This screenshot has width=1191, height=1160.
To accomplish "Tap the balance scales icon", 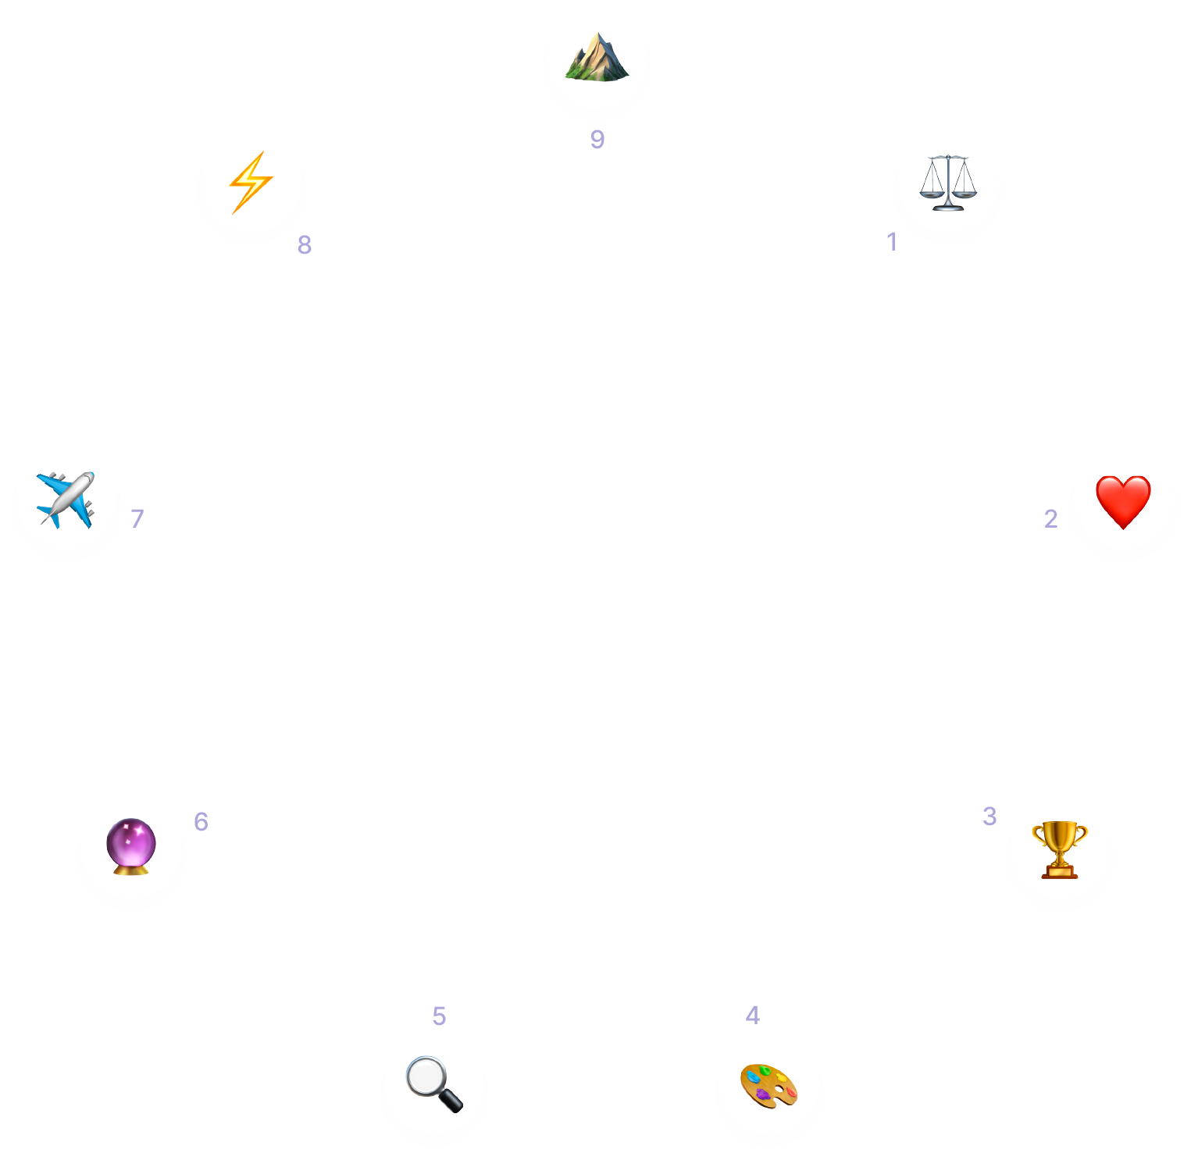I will tap(947, 183).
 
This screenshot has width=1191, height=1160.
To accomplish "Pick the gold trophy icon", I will tap(1059, 849).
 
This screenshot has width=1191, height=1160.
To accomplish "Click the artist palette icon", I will tap(768, 1085).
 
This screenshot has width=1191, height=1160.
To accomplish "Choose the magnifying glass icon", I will tap(434, 1083).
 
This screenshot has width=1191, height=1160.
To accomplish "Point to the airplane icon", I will tap(66, 500).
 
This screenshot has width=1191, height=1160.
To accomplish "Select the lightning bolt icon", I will tap(251, 182).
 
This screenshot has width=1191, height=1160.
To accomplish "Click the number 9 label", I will tap(597, 139).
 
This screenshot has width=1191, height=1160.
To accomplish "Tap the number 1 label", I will tap(891, 242).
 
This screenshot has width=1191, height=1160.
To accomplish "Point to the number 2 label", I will tap(1050, 518).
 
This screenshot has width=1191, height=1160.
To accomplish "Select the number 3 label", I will tap(990, 816).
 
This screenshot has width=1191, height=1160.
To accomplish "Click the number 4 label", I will tap(752, 1015).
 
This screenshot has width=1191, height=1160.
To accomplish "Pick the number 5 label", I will tap(439, 1016).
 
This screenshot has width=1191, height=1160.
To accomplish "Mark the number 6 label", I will tap(201, 821).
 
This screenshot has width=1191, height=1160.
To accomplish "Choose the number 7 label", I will tap(137, 518).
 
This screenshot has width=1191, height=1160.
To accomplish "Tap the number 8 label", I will tap(305, 244).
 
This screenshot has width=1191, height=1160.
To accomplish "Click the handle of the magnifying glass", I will tap(451, 1098).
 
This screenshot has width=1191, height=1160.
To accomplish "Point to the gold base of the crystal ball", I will tap(130, 869).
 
